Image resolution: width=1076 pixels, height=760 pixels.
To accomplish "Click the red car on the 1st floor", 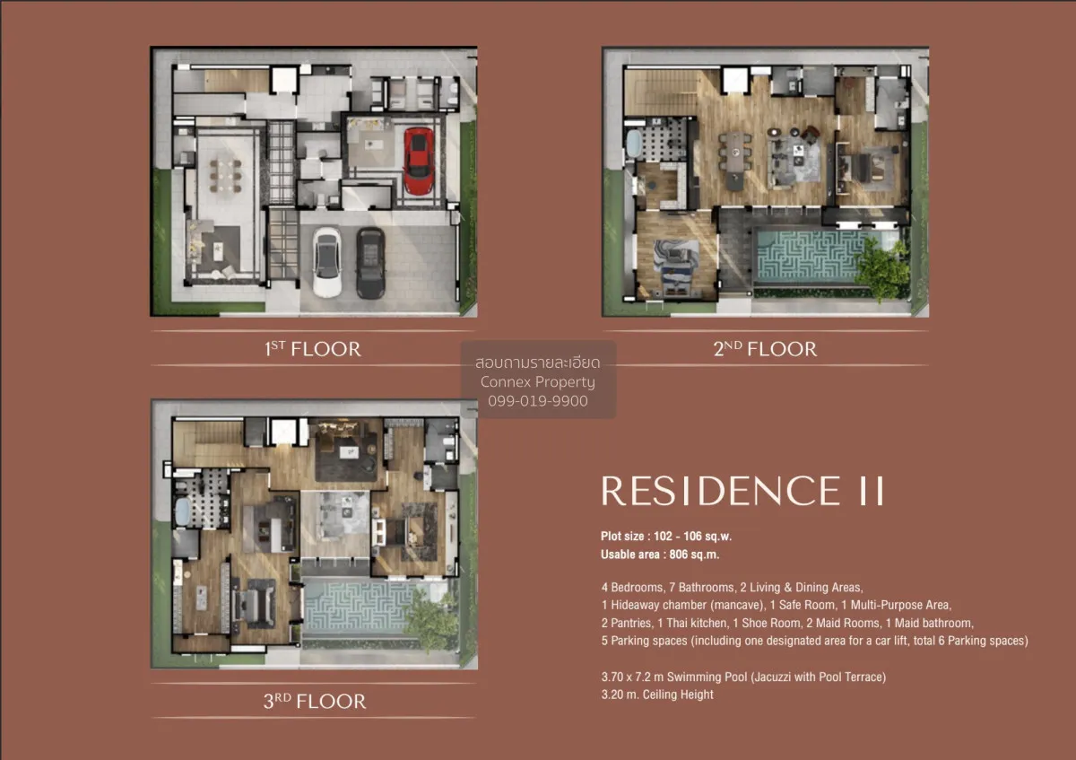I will point(419,161).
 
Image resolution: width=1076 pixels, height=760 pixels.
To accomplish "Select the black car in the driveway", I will point(369,262).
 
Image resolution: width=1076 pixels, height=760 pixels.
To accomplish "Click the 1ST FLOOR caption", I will point(313,349).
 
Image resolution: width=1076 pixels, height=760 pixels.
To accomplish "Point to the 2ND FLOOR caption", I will point(765,349).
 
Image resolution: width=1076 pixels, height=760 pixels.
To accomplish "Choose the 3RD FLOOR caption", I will point(314,701).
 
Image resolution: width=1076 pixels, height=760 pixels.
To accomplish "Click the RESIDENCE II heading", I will point(743,491).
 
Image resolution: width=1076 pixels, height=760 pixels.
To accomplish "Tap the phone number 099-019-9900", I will point(538,401).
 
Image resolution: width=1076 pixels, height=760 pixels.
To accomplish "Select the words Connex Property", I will point(538,382).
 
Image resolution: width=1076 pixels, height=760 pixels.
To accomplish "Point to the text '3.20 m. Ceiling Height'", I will point(657,694).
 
